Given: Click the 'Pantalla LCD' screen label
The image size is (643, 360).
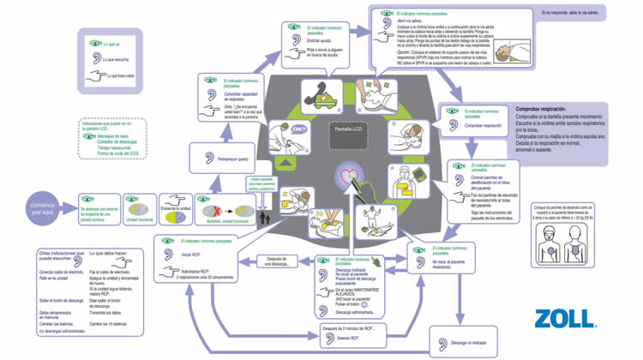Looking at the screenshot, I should [346, 129].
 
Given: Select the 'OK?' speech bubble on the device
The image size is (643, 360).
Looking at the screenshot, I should [298, 130].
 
